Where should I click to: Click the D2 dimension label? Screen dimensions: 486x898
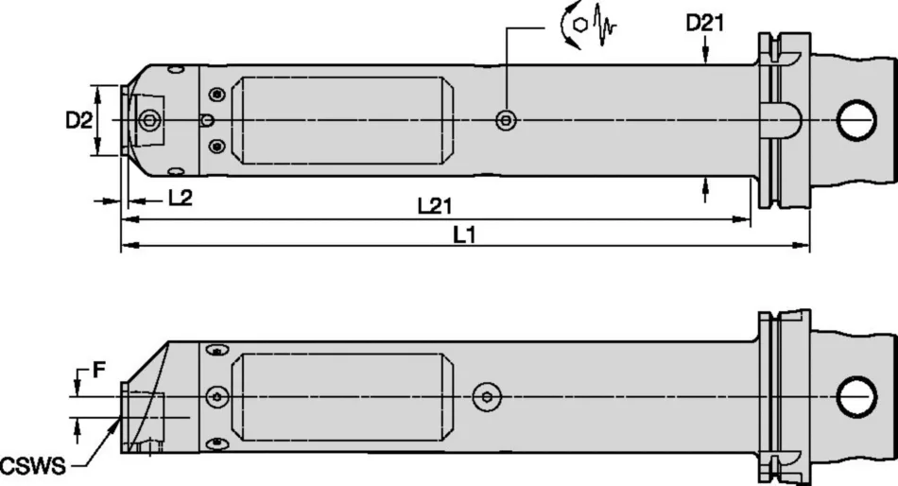(79, 120)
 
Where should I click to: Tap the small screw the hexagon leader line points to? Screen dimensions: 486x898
(508, 120)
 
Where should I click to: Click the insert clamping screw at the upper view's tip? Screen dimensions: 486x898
(148, 120)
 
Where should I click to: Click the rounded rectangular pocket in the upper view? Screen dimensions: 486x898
(344, 120)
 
